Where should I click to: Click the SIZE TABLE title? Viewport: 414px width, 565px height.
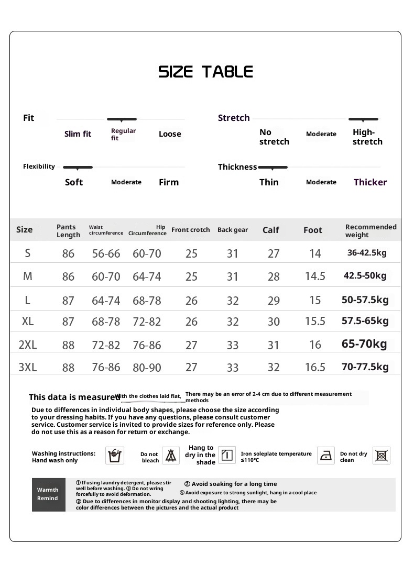pyautogui.click(x=205, y=72)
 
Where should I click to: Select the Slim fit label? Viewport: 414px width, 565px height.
pyautogui.click(x=78, y=134)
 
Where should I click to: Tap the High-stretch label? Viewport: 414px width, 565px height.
pyautogui.click(x=367, y=137)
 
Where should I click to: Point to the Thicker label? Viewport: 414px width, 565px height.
pyautogui.click(x=370, y=182)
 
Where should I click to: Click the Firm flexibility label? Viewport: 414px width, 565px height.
pyautogui.click(x=169, y=182)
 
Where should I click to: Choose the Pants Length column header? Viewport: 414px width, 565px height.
pyautogui.click(x=68, y=231)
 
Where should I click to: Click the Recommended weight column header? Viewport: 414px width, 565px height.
pyautogui.click(x=371, y=231)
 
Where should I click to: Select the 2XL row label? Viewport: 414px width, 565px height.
pyautogui.click(x=28, y=345)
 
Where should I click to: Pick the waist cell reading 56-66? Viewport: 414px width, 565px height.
pyautogui.click(x=106, y=253)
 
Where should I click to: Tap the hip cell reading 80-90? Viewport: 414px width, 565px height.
pyautogui.click(x=147, y=368)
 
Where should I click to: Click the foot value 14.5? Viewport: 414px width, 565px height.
pyautogui.click(x=315, y=276)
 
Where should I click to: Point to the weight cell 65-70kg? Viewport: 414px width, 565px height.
pyautogui.click(x=364, y=344)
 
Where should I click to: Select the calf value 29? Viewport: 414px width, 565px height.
pyautogui.click(x=274, y=301)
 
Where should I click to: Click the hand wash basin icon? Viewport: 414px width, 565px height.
pyautogui.click(x=115, y=456)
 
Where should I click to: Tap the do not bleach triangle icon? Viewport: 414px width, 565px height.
pyautogui.click(x=170, y=456)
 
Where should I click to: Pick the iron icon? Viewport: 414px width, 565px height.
pyautogui.click(x=326, y=456)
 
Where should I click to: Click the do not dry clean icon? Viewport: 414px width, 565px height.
pyautogui.click(x=382, y=456)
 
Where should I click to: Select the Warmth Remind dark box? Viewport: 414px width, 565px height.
pyautogui.click(x=48, y=494)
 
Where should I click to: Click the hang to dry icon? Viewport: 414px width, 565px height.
pyautogui.click(x=227, y=455)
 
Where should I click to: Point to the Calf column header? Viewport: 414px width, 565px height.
pyautogui.click(x=270, y=230)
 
